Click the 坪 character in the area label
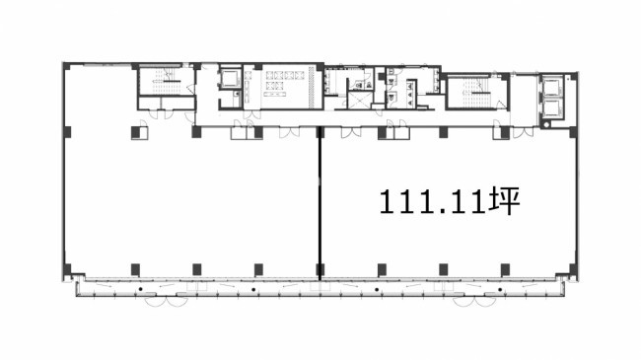[x=505, y=200]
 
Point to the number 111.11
[x=434, y=201]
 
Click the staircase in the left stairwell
[x=166, y=82]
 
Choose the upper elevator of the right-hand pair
[x=551, y=87]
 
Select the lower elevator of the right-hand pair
[x=551, y=108]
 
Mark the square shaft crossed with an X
[x=359, y=101]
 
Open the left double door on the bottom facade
[x=167, y=302]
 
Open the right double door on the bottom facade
[x=474, y=302]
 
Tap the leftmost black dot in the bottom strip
[x=140, y=290]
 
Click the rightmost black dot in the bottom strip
[x=500, y=290]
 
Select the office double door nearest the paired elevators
[x=524, y=132]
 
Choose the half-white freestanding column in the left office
[x=139, y=133]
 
